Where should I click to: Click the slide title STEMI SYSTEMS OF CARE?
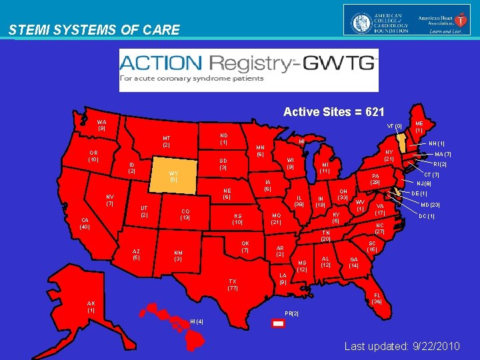click(x=94, y=30)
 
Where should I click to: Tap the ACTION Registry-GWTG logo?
click(x=248, y=69)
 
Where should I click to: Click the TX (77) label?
click(x=233, y=285)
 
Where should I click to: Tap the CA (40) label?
click(x=85, y=223)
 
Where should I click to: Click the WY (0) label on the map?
click(x=173, y=176)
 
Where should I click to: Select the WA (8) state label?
click(x=101, y=125)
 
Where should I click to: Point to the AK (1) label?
click(x=91, y=307)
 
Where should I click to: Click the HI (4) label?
click(x=197, y=322)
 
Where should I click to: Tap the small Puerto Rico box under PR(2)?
click(x=279, y=323)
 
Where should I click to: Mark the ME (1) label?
click(x=419, y=127)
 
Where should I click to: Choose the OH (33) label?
click(x=343, y=194)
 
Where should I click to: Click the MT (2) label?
click(x=167, y=142)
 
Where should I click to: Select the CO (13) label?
click(x=186, y=215)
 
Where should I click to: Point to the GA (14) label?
click(x=353, y=262)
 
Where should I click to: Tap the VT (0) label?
click(x=394, y=126)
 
